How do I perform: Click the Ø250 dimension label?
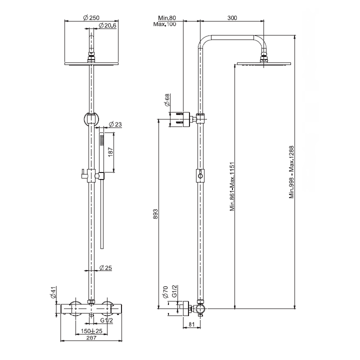click(91, 17)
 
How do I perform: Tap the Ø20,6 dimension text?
click(107, 25)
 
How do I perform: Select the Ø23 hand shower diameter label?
click(115, 124)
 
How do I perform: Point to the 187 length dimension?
click(110, 152)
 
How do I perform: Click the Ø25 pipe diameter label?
click(105, 267)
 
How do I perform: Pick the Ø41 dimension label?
click(53, 292)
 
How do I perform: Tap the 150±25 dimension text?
click(91, 331)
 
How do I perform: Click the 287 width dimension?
click(91, 337)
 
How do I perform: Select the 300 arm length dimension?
click(232, 17)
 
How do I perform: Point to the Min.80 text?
click(167, 17)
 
